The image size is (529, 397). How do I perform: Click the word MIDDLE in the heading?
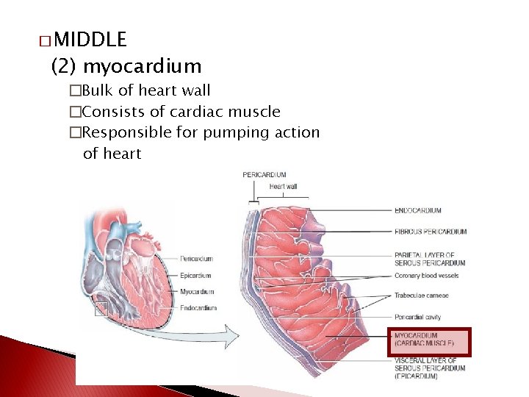point(90,39)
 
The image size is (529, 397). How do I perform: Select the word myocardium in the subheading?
point(142,66)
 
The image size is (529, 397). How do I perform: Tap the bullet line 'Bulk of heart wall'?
point(146,90)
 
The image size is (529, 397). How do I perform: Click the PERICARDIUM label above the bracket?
point(264,174)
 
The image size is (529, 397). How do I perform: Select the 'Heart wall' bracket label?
point(284,186)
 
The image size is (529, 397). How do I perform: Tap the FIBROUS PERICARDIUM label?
point(431,232)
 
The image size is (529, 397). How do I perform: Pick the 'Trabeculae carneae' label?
point(422,296)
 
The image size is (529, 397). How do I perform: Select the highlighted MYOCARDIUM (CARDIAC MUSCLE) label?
point(428,340)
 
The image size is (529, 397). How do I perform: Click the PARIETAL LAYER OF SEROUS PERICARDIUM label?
point(430,259)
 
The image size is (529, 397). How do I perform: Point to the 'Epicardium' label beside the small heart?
point(196,276)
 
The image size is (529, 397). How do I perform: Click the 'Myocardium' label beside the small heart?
point(197,292)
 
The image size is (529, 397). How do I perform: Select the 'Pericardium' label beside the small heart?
point(196,259)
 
